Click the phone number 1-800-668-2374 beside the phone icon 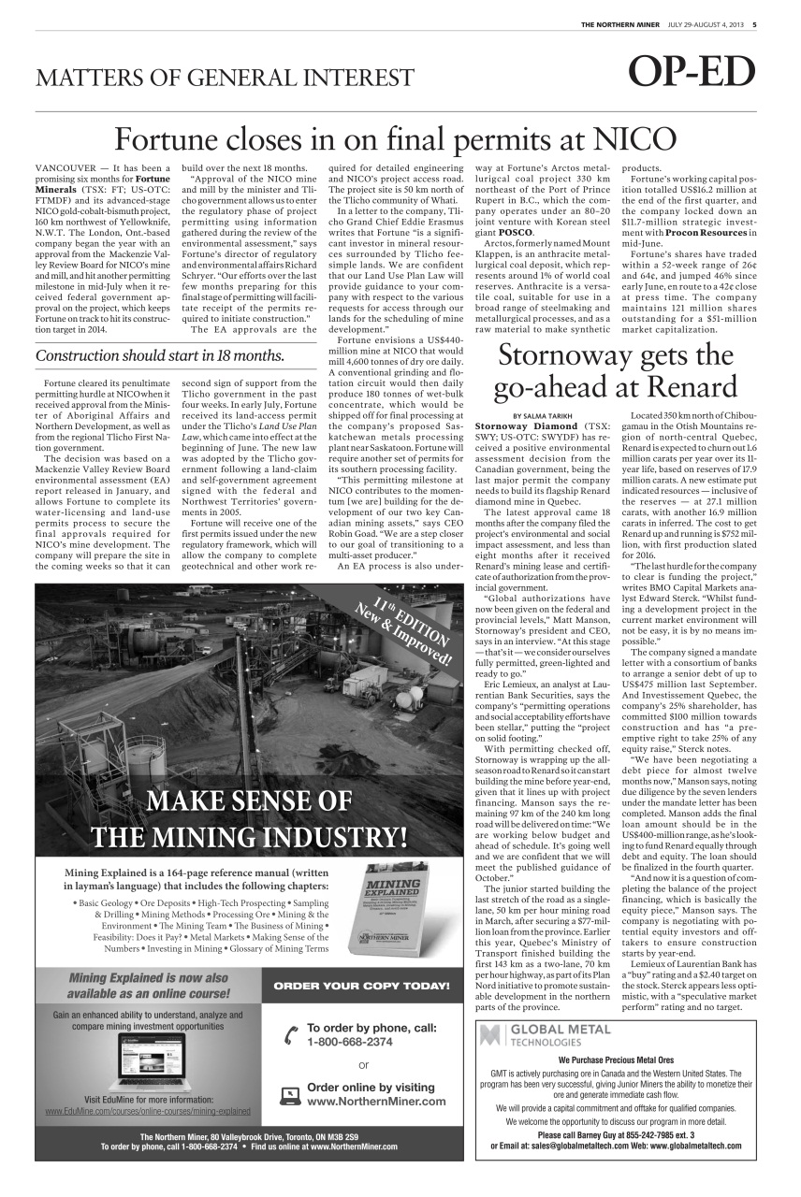tap(349, 1041)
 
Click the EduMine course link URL tap(148, 1111)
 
